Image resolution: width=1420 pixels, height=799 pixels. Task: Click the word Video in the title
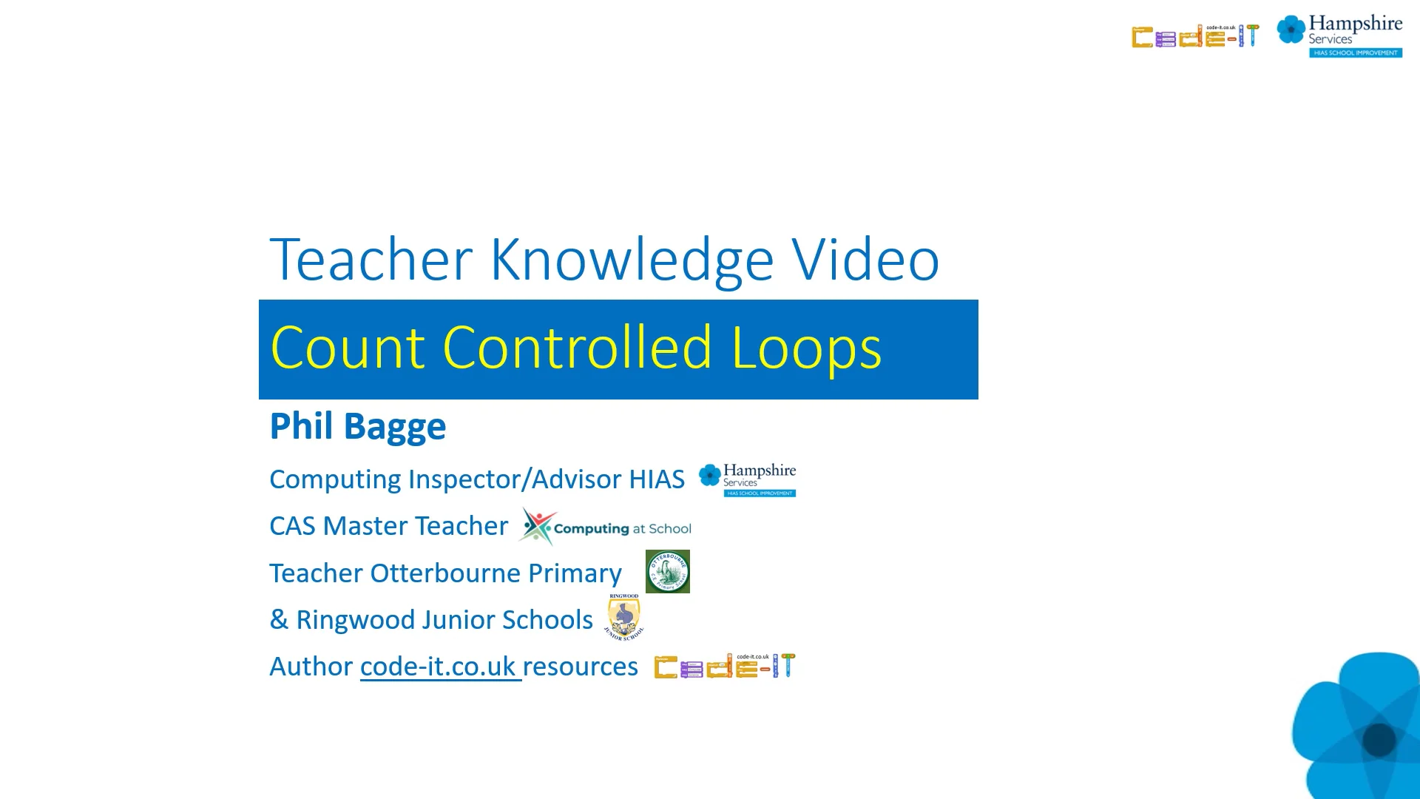point(865,260)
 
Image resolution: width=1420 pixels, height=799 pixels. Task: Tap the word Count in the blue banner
point(347,348)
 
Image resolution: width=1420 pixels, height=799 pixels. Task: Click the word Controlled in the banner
point(577,348)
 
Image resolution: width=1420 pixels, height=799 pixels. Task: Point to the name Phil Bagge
point(358,426)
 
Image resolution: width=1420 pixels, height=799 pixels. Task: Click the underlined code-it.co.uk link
point(439,667)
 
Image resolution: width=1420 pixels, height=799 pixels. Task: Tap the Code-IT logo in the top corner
point(1194,36)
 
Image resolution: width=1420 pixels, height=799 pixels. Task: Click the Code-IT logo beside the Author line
point(724,666)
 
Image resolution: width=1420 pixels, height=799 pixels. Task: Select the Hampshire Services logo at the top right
point(1339,35)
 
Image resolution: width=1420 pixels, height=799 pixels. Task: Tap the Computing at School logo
point(605,527)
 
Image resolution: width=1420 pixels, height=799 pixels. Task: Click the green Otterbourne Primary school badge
point(667,571)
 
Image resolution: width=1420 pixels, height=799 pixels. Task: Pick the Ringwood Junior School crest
point(624,617)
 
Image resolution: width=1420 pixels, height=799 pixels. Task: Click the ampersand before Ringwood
point(279,620)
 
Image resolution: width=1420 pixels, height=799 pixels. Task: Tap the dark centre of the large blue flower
point(1379,739)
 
